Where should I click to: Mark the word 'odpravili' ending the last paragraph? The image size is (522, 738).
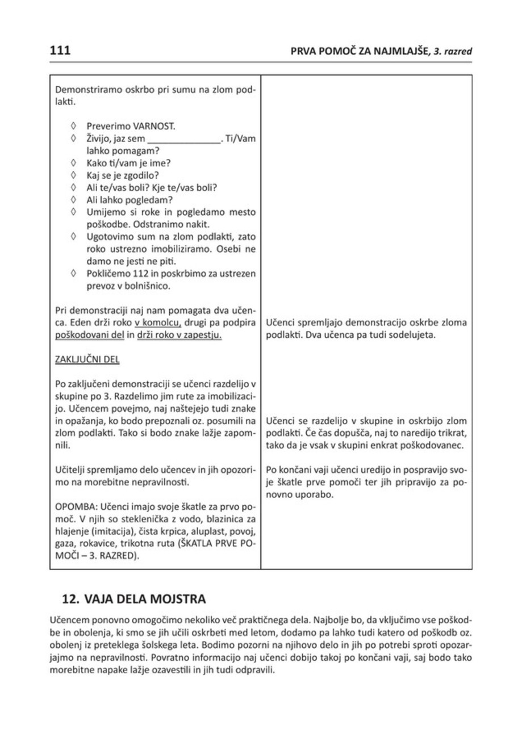coord(255,668)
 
